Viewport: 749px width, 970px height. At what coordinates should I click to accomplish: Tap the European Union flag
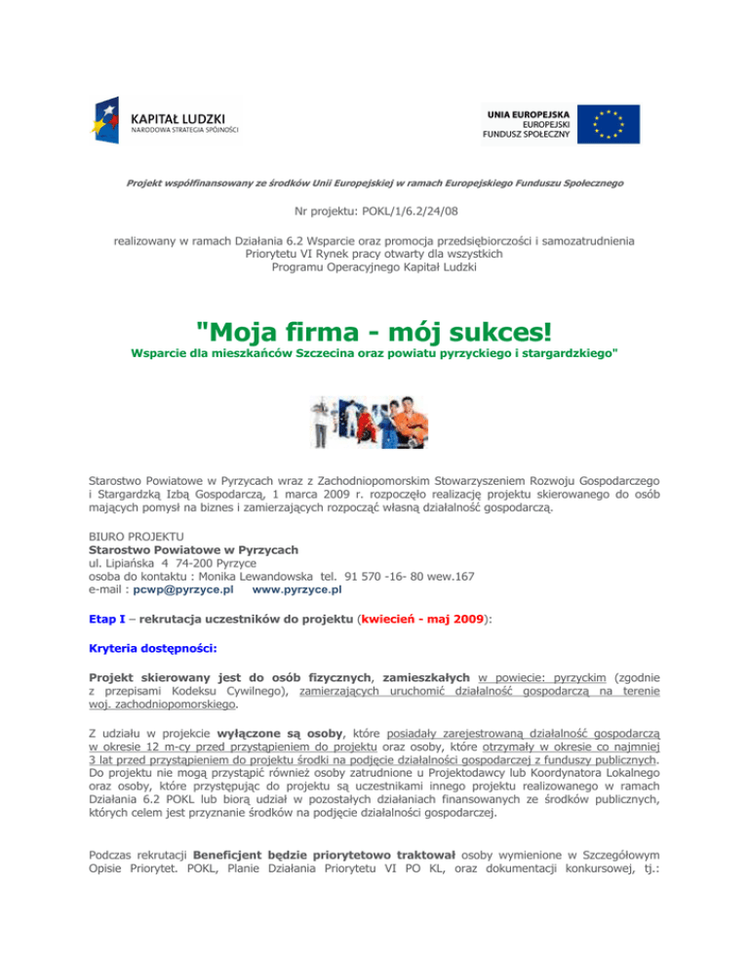tap(607, 124)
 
